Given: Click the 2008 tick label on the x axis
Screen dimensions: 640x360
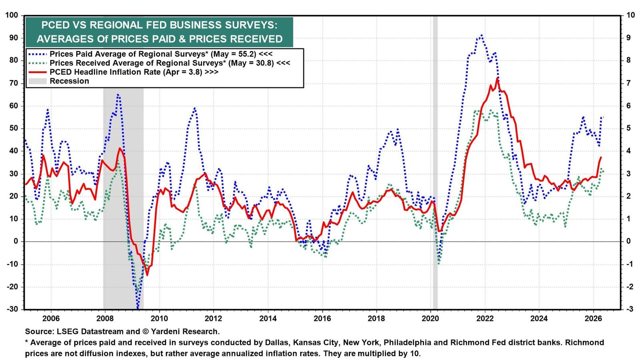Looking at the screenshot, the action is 105,318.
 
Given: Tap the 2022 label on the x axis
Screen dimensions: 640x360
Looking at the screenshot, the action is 485,318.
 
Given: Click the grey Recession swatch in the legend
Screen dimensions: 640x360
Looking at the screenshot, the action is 38,81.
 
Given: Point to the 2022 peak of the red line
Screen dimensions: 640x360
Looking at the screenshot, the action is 497,78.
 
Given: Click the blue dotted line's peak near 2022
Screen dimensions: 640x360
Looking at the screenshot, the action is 482,36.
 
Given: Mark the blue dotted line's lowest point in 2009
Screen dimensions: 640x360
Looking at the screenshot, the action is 138,308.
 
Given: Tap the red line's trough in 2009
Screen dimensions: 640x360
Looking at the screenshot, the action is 147,275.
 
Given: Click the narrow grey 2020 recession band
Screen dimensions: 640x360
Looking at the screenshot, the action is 435,162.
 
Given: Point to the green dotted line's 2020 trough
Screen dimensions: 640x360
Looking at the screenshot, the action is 438,263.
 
